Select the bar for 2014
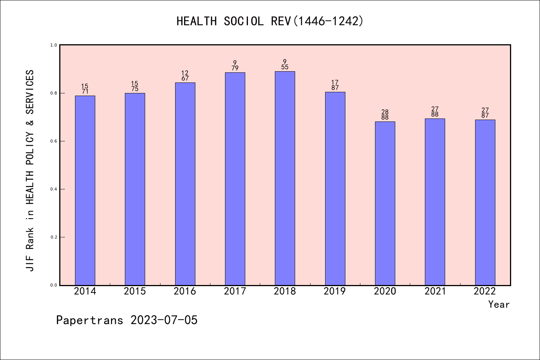[85, 190]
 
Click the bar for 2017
[235, 179]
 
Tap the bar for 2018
[285, 178]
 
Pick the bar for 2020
[385, 203]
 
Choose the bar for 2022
[485, 202]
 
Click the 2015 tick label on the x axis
[135, 291]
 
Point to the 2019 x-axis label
[335, 291]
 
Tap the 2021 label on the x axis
[435, 291]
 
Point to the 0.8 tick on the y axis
[54, 93]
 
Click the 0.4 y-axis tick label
[54, 189]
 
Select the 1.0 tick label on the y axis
[54, 45]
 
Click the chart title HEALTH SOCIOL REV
[270, 21]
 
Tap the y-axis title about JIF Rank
[30, 171]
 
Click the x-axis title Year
[499, 304]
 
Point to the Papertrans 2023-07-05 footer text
[127, 320]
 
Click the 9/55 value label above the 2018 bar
[285, 64]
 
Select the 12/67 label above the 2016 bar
[185, 76]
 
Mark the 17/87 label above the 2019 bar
[335, 85]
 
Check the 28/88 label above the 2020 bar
[385, 115]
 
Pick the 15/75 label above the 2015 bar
[135, 86]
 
